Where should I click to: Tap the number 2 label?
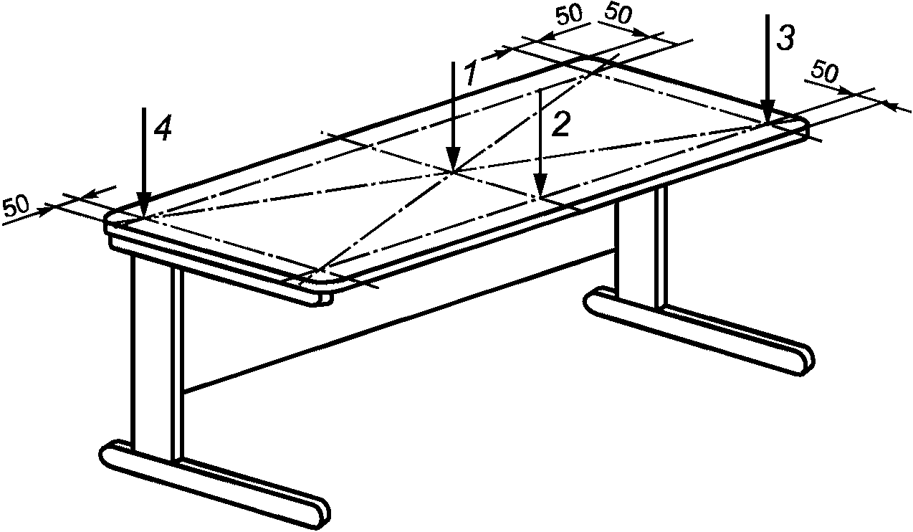tap(560, 125)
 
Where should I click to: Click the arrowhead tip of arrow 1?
tap(453, 171)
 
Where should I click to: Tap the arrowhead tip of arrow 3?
tap(767, 123)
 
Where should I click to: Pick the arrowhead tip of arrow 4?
tap(144, 215)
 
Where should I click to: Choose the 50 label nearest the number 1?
tap(569, 16)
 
